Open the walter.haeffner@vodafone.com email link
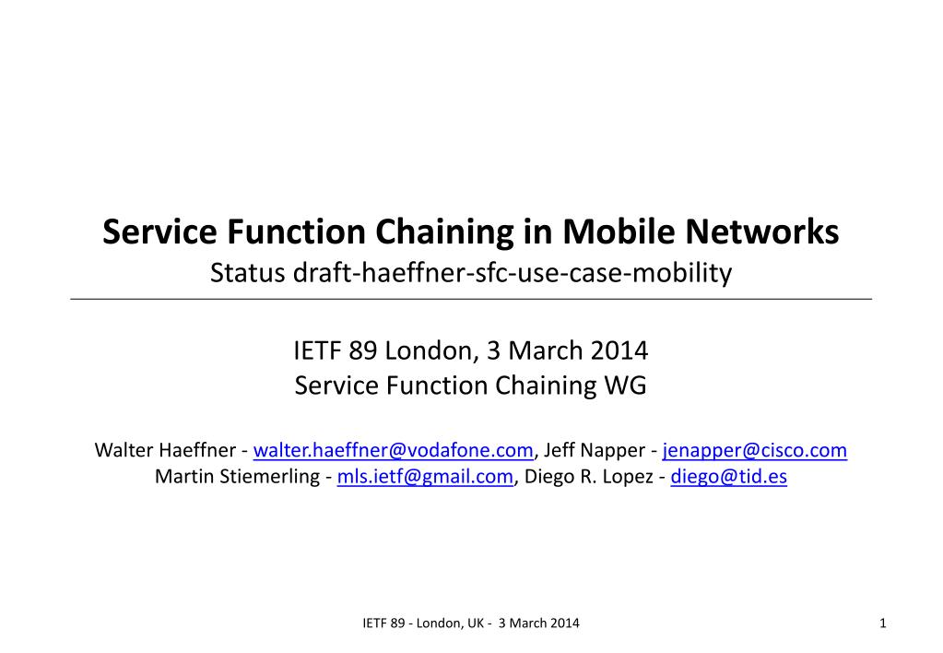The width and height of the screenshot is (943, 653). pyautogui.click(x=394, y=451)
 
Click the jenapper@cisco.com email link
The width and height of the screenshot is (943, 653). pyautogui.click(x=754, y=451)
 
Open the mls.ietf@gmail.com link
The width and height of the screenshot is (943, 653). pyautogui.click(x=425, y=477)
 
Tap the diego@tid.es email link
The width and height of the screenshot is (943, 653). pyautogui.click(x=728, y=477)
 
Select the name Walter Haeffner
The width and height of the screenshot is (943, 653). pyautogui.click(x=166, y=451)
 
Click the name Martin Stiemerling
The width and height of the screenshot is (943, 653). pyautogui.click(x=237, y=477)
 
